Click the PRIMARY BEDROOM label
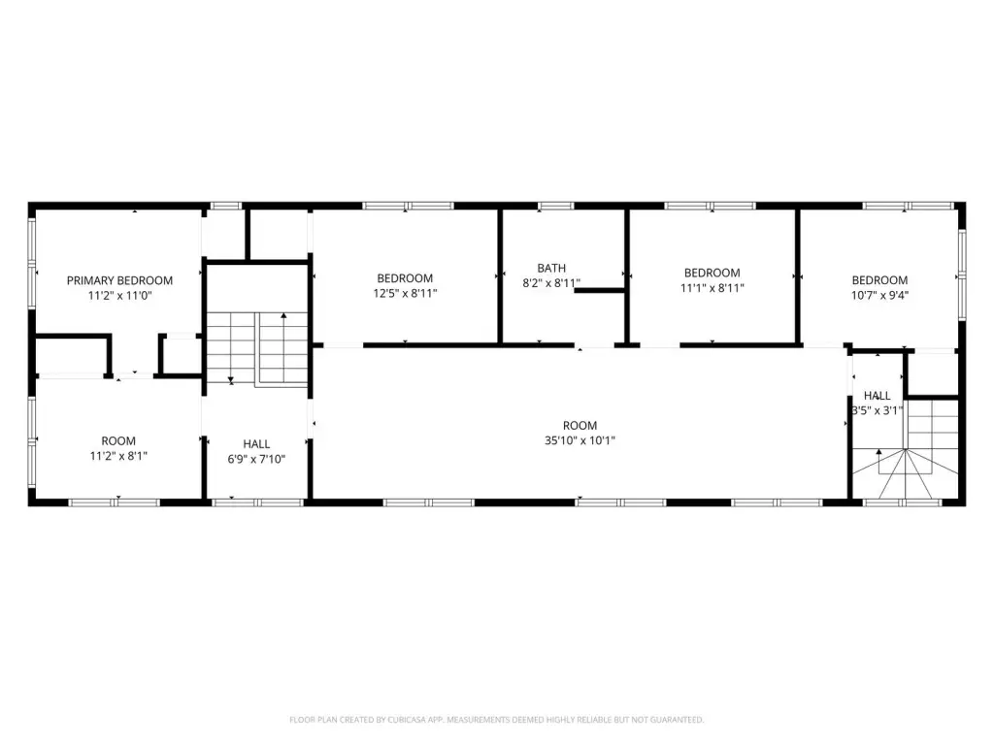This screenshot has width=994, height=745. coord(119,280)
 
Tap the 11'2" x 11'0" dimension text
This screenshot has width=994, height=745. coord(119,295)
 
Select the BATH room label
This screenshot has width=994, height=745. coord(551,268)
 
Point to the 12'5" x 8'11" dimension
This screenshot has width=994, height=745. coord(405,293)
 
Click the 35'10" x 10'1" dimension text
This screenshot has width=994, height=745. coord(580,440)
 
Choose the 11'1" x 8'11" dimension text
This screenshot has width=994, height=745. coord(712,287)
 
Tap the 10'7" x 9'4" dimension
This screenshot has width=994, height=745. coord(879,295)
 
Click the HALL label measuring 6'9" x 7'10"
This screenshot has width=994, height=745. coord(256,444)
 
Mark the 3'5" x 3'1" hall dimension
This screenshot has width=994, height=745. coord(878,410)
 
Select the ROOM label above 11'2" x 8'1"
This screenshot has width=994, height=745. coord(118,441)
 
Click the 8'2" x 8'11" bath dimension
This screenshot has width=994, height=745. coord(551,283)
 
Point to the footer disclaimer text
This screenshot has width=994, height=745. coord(497,720)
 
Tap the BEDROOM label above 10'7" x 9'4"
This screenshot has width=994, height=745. coord(879,280)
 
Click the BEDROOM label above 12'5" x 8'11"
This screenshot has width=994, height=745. coord(405,278)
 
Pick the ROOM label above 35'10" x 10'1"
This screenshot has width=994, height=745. coord(580,426)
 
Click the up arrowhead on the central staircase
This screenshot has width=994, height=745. coord(284,315)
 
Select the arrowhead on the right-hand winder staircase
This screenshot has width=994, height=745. coord(879,452)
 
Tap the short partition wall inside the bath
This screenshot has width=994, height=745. coord(600,290)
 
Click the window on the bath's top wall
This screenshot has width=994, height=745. coord(556,206)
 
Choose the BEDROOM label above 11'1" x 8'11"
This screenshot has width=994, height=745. coord(712,273)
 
